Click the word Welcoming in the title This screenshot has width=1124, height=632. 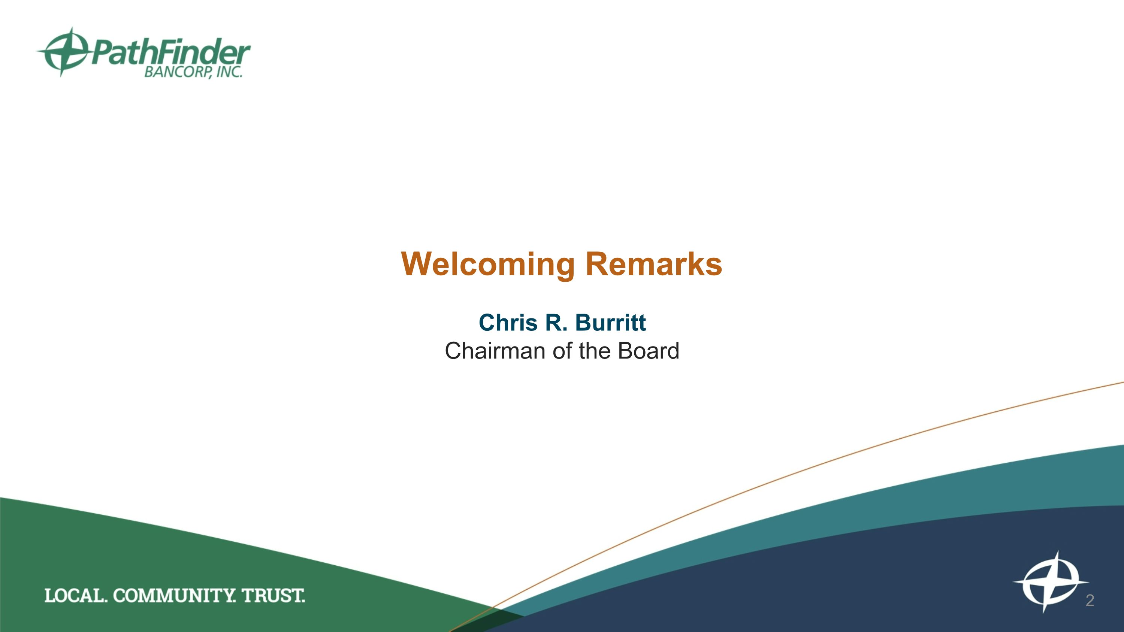488,264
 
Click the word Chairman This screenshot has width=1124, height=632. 496,351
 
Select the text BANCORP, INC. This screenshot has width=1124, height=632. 193,72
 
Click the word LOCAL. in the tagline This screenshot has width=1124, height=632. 75,596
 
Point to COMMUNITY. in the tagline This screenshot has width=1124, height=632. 174,596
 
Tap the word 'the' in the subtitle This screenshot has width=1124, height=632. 595,351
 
